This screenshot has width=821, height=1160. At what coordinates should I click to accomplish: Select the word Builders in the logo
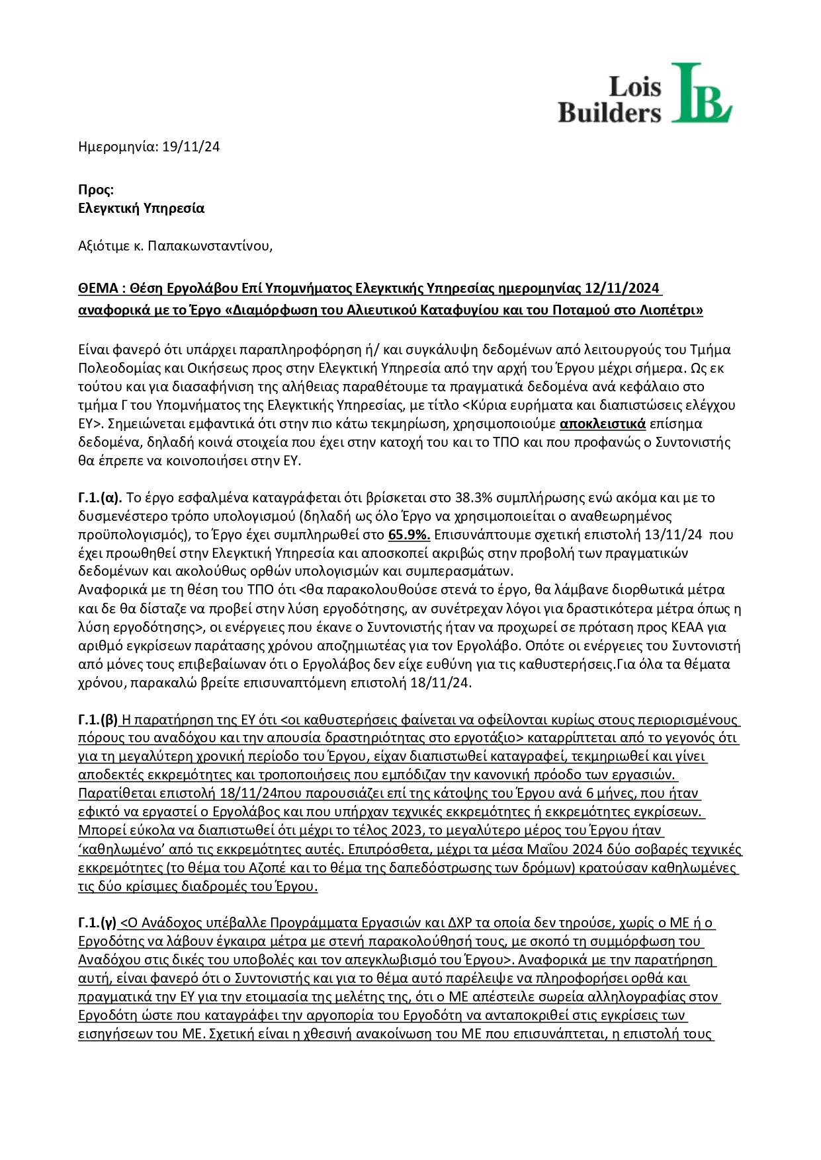click(609, 112)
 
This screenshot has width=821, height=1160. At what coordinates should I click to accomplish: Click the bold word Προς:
click(96, 190)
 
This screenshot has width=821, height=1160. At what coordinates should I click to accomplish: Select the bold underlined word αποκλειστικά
click(602, 423)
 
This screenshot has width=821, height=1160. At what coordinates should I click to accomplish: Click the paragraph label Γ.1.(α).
click(100, 497)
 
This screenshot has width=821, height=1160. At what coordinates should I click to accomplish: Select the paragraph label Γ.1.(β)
click(99, 719)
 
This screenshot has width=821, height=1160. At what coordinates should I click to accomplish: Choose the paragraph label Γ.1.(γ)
click(98, 923)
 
